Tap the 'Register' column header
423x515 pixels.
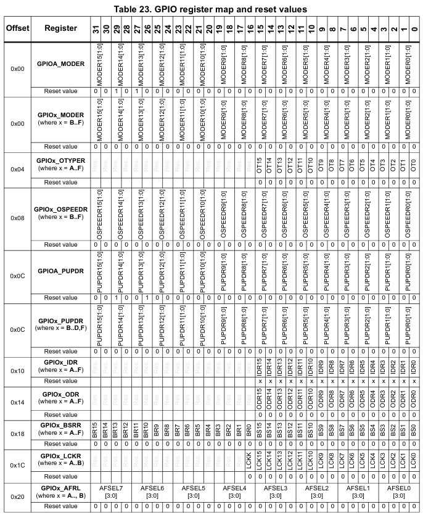coord(60,28)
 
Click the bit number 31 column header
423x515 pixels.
coord(96,29)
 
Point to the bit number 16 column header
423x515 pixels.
coord(250,29)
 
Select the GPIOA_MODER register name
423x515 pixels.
coord(60,64)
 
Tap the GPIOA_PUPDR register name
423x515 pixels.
coord(60,270)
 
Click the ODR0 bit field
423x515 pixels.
coord(413,398)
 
